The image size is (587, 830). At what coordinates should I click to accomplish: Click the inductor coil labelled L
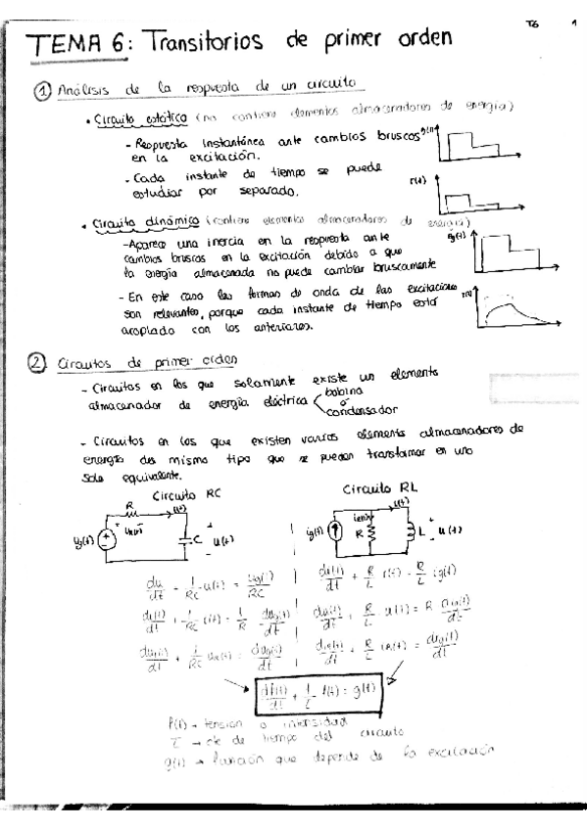tap(411, 534)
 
